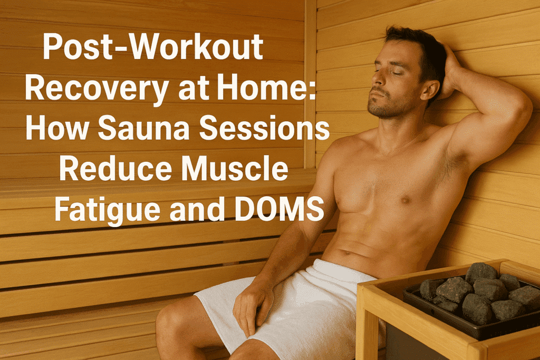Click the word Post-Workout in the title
pyautogui.click(x=153, y=48)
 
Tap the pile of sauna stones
pyautogui.click(x=477, y=295)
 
